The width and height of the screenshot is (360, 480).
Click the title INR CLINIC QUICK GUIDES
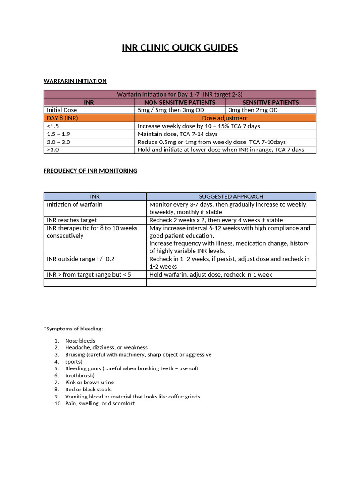180,48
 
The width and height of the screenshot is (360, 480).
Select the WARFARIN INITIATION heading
75,81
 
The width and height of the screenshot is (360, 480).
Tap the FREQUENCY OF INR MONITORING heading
90,171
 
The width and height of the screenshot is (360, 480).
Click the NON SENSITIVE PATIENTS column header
180,102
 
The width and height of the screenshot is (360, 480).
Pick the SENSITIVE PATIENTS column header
270,102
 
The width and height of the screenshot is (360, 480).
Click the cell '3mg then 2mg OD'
253,110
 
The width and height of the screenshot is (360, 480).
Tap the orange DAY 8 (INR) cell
62,118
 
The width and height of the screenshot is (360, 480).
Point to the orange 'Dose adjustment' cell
225,118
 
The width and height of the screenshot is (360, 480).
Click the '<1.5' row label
52,126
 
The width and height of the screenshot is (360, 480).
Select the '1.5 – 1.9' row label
59,134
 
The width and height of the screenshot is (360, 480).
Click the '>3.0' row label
53,150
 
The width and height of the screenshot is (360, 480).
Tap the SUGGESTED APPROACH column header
231,196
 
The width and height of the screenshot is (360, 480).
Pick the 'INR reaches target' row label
72,220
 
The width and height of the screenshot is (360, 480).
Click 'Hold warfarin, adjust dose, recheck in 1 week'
210,275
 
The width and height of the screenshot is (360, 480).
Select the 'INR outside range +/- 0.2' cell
81,259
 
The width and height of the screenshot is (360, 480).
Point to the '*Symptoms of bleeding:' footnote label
73,329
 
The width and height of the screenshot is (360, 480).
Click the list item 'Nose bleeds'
80,341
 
